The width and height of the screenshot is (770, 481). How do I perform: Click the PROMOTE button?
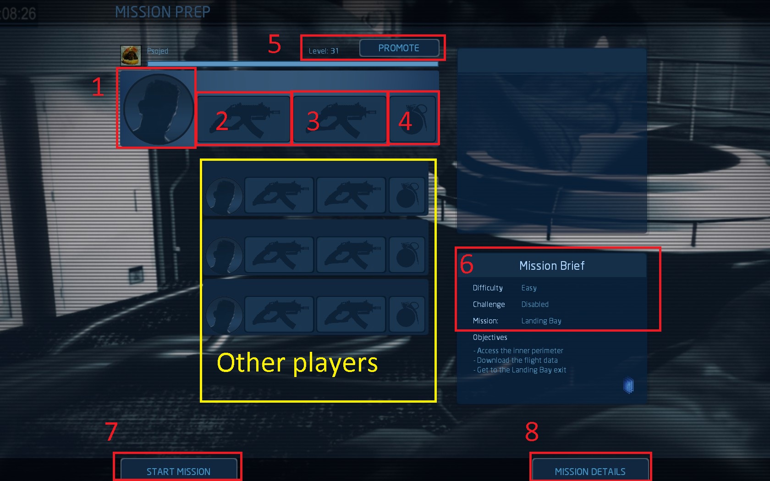pos(399,48)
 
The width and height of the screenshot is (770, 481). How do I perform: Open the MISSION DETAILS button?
pos(590,471)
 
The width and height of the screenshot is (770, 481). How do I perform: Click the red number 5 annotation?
pos(274,44)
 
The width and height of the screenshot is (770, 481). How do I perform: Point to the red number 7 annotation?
pos(111,432)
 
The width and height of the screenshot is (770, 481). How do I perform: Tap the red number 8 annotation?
pos(532,432)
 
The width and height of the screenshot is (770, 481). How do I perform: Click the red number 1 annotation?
pos(98,87)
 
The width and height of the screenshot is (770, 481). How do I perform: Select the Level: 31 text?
pos(324,51)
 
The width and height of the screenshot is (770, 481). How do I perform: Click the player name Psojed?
pos(158,51)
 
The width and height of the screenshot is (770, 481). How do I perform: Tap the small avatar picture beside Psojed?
pos(131,55)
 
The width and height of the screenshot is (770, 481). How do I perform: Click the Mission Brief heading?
pos(552,266)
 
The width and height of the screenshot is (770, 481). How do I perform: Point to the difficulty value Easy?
pos(529,288)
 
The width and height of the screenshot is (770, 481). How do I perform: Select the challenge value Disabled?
pos(535,305)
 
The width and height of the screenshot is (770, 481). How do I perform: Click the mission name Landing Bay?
pos(541,321)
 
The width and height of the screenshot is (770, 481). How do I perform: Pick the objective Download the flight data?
pos(517,361)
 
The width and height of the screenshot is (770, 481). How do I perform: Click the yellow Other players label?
pos(297,363)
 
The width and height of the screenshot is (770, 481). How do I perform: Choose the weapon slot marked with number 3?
pos(340,119)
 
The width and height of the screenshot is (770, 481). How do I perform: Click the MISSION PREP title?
pos(163,12)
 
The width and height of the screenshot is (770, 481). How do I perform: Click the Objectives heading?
pos(490,338)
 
